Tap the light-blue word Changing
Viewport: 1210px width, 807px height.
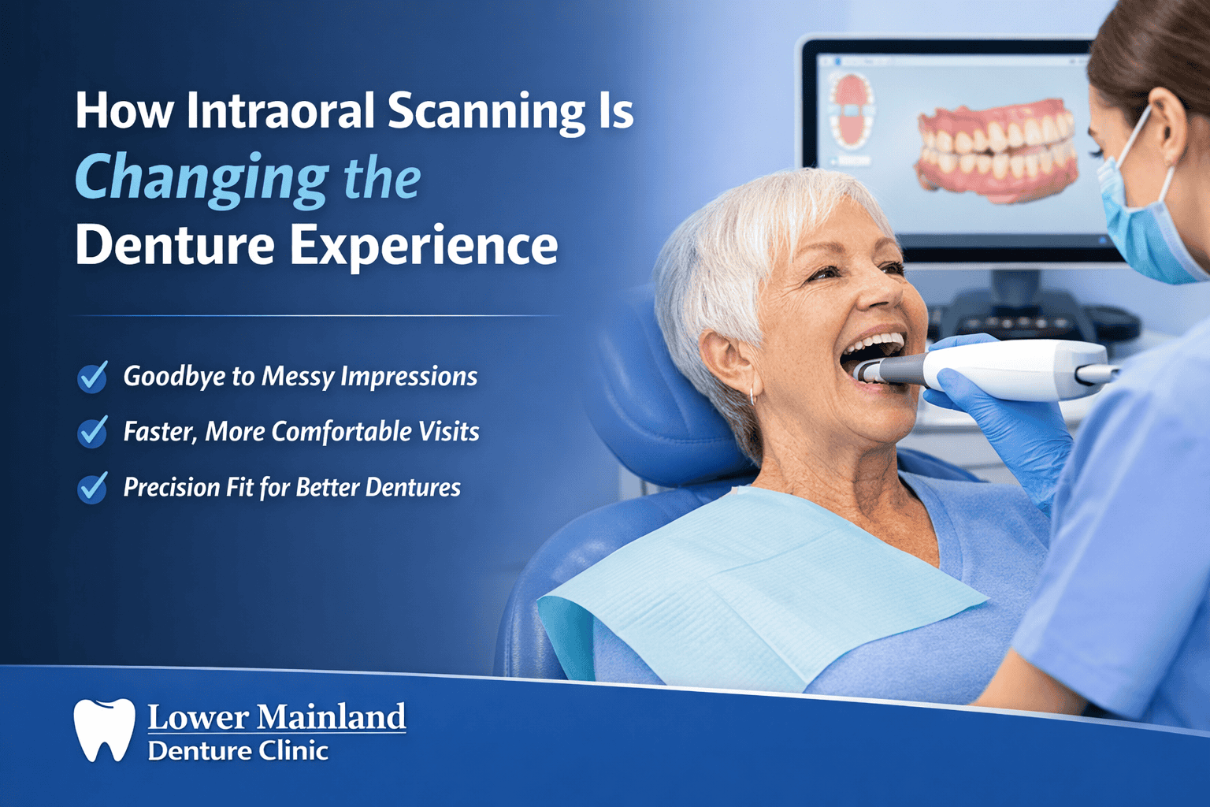[202, 178]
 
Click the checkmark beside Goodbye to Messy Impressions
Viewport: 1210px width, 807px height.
[93, 377]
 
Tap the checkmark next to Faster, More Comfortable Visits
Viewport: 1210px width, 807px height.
[93, 433]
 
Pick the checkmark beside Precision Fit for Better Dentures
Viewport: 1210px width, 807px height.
[93, 488]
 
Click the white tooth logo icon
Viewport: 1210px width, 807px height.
[104, 730]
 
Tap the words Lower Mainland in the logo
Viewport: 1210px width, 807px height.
[277, 717]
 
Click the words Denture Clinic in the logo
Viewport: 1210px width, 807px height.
[237, 751]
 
